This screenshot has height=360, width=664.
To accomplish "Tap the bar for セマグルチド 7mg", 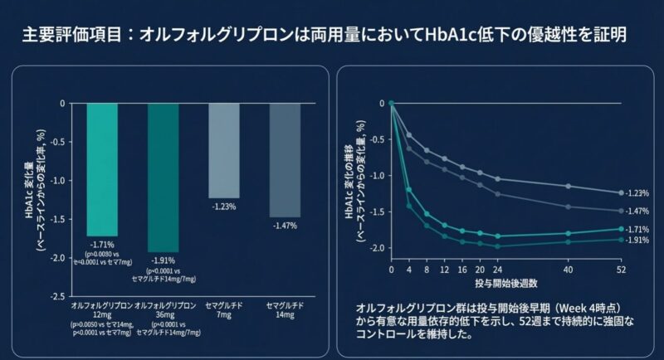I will [x=224, y=150].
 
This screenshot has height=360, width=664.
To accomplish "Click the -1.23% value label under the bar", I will [x=224, y=207].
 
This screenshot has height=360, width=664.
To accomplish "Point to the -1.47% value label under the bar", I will [x=285, y=225].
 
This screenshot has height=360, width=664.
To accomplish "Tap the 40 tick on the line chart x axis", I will [x=569, y=270].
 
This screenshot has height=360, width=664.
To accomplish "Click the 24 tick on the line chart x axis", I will [x=498, y=270].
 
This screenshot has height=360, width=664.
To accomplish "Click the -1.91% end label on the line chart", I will [x=637, y=241].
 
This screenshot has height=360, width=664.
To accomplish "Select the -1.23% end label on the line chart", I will [x=637, y=192].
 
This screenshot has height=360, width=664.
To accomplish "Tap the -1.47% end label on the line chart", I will [x=637, y=212].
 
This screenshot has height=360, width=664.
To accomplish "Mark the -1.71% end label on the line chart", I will [x=637, y=229].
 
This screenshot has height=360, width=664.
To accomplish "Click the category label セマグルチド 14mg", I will [x=285, y=312].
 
